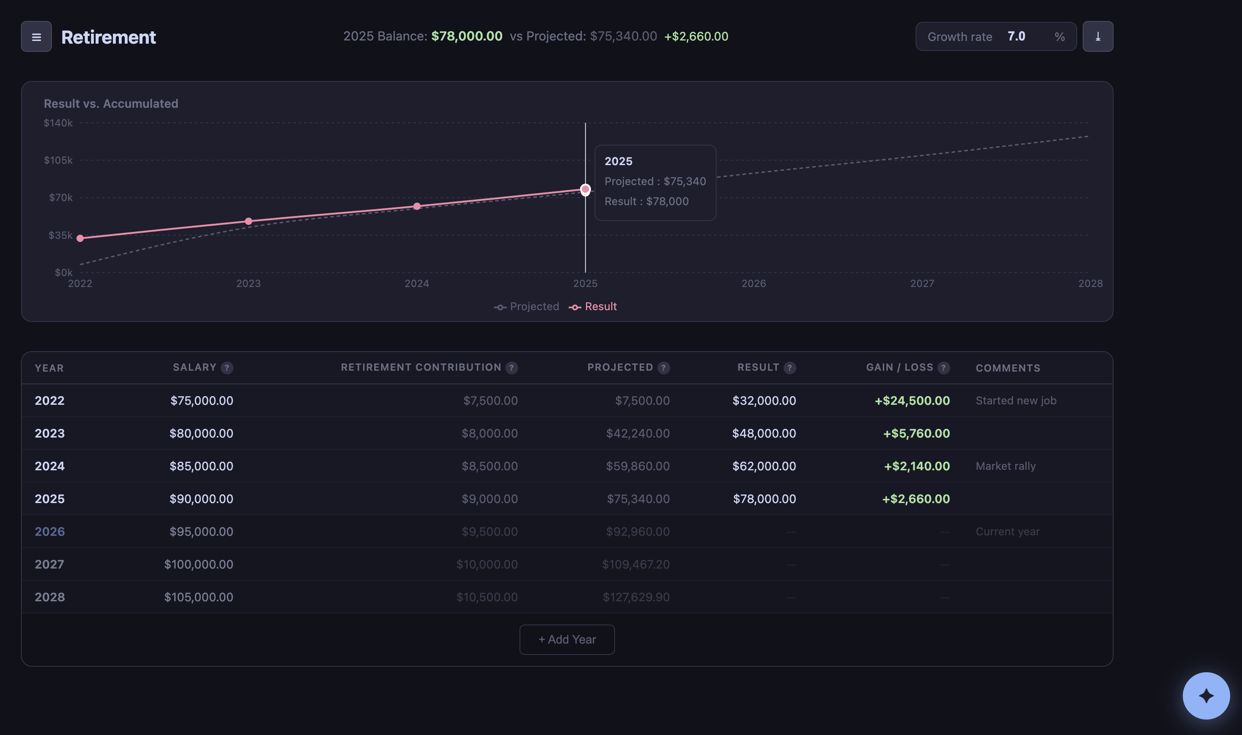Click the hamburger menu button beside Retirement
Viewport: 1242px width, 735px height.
coord(36,37)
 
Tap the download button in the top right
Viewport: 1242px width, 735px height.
coord(1097,37)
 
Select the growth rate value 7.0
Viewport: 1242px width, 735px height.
coord(1016,37)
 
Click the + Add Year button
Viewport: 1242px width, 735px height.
coord(566,639)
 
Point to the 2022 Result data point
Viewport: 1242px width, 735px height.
coord(80,238)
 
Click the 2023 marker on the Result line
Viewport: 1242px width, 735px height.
coord(248,222)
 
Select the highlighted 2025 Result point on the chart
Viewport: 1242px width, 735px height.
coord(585,189)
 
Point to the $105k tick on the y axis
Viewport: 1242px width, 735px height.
coord(58,160)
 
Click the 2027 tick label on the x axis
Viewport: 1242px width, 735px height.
coord(921,283)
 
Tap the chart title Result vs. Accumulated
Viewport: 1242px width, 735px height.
coord(111,104)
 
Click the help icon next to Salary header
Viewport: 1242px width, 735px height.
coord(227,367)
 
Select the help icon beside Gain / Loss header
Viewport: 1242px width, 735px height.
coord(943,367)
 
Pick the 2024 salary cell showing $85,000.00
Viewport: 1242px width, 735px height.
coord(201,466)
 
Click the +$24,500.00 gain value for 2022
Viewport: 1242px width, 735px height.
coord(911,401)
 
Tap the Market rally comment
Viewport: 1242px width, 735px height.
coord(1005,466)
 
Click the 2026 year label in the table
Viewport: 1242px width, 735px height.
coord(50,531)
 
